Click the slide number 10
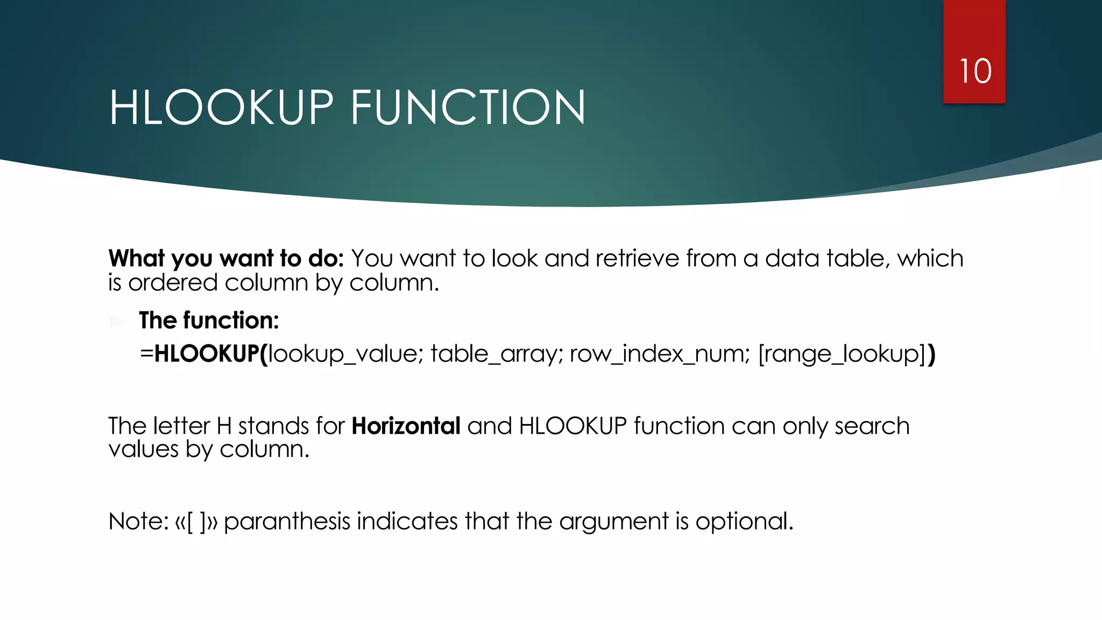(x=975, y=72)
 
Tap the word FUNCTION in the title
(x=468, y=108)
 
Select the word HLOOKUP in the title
(x=221, y=108)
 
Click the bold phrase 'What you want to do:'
(x=226, y=259)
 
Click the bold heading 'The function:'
(x=209, y=321)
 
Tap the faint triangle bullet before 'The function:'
(x=116, y=322)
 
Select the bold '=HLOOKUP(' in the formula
(x=204, y=354)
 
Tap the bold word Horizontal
(x=406, y=426)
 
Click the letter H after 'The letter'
(x=224, y=426)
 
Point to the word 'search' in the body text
(x=872, y=426)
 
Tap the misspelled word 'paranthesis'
(x=287, y=522)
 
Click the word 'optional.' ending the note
(x=744, y=522)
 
